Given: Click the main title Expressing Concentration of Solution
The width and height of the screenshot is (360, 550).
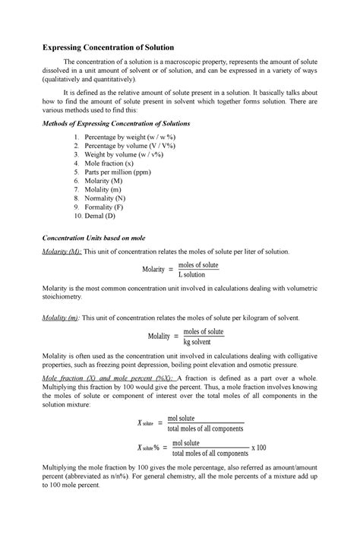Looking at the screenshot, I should pos(108,47).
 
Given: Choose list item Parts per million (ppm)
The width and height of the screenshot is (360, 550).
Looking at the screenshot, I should pos(117,172).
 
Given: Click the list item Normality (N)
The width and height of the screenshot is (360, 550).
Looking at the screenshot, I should pos(105,198).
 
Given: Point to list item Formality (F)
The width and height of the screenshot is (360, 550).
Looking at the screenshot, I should pos(104,207).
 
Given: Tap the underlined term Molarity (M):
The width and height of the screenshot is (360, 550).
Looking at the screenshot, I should pos(62,251).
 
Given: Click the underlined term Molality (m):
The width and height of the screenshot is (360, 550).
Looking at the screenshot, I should pos(61,318).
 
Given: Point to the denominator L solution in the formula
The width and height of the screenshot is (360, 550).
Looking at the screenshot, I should pos(197,274).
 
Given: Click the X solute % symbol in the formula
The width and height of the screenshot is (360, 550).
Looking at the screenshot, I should pos(152,447).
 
